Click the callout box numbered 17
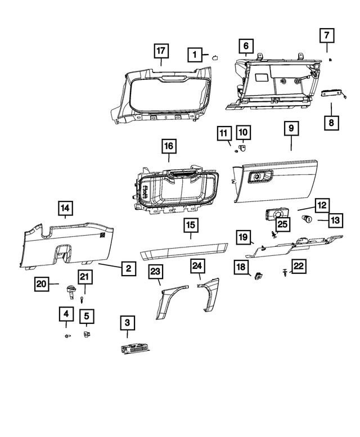(x=161, y=51)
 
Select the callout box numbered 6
(x=246, y=46)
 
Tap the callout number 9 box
(x=291, y=129)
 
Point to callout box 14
(x=65, y=210)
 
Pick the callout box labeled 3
(x=127, y=323)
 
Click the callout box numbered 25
(x=282, y=224)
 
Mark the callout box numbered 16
(x=169, y=147)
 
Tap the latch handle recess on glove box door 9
(x=260, y=178)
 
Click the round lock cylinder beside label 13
(x=308, y=219)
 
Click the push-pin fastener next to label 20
(x=71, y=291)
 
